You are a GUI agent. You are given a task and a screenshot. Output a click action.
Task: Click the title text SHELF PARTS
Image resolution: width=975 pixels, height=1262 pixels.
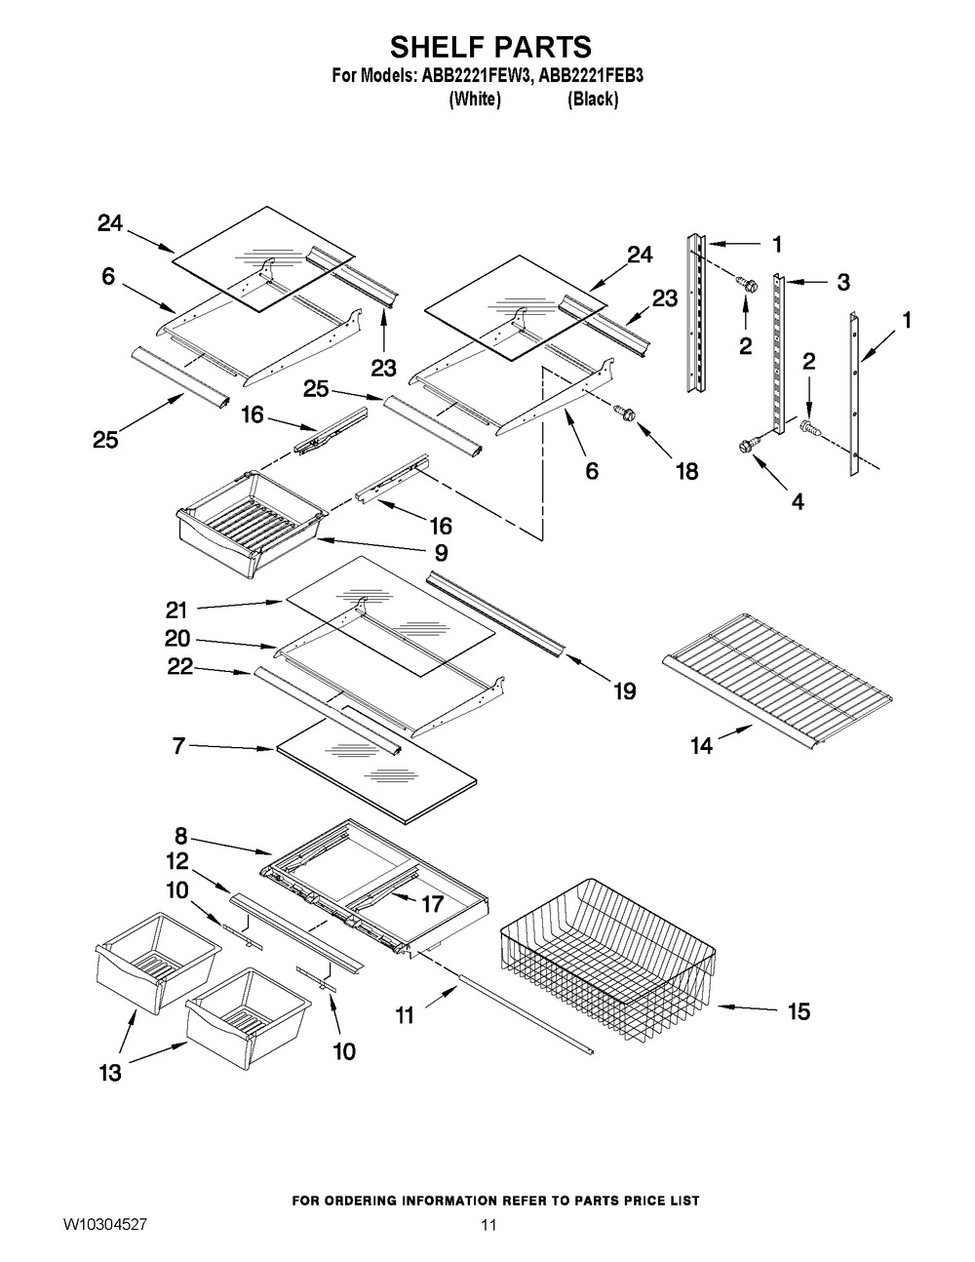(x=490, y=47)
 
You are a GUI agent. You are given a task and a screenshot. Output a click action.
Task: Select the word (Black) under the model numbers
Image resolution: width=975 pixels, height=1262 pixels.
(x=593, y=99)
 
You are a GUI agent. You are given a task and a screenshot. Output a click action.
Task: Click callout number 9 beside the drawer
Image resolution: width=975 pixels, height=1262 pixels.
(x=441, y=552)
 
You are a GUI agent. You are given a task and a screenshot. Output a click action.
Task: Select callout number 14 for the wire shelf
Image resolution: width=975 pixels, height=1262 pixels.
(x=702, y=745)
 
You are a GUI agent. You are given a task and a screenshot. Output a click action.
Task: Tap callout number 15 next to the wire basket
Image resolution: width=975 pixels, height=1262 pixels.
(x=799, y=1011)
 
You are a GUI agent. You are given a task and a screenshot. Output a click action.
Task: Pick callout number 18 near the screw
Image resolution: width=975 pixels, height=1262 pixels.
(x=687, y=472)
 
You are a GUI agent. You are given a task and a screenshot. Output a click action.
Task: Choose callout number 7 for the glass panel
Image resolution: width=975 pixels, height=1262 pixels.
(x=178, y=746)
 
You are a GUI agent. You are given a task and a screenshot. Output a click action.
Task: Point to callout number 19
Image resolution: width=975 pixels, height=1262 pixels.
(x=625, y=691)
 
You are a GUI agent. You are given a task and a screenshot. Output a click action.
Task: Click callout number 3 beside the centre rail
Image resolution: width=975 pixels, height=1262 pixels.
(x=843, y=282)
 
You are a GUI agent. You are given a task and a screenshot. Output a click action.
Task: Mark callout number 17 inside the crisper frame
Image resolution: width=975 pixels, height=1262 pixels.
(x=432, y=904)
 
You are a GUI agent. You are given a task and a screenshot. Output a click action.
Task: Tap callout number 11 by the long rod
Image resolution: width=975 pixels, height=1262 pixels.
(x=405, y=1016)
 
